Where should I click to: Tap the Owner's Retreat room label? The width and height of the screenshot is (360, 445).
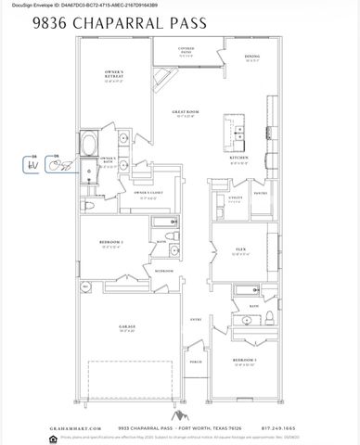click(x=114, y=79)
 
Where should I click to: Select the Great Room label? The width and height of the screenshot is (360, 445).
click(x=186, y=113)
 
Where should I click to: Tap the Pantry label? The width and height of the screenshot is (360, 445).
click(x=259, y=193)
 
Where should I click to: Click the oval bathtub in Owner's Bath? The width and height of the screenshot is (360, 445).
click(x=91, y=146)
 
